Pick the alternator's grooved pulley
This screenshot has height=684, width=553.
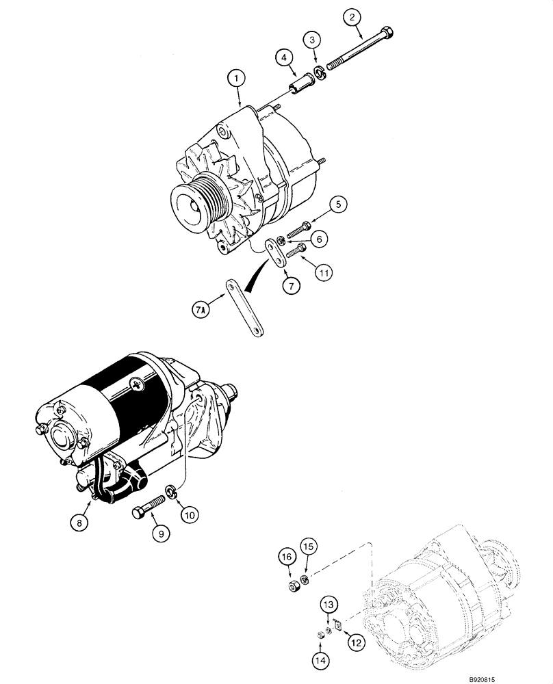(x=201, y=200)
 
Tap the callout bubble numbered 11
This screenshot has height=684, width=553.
(x=324, y=272)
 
